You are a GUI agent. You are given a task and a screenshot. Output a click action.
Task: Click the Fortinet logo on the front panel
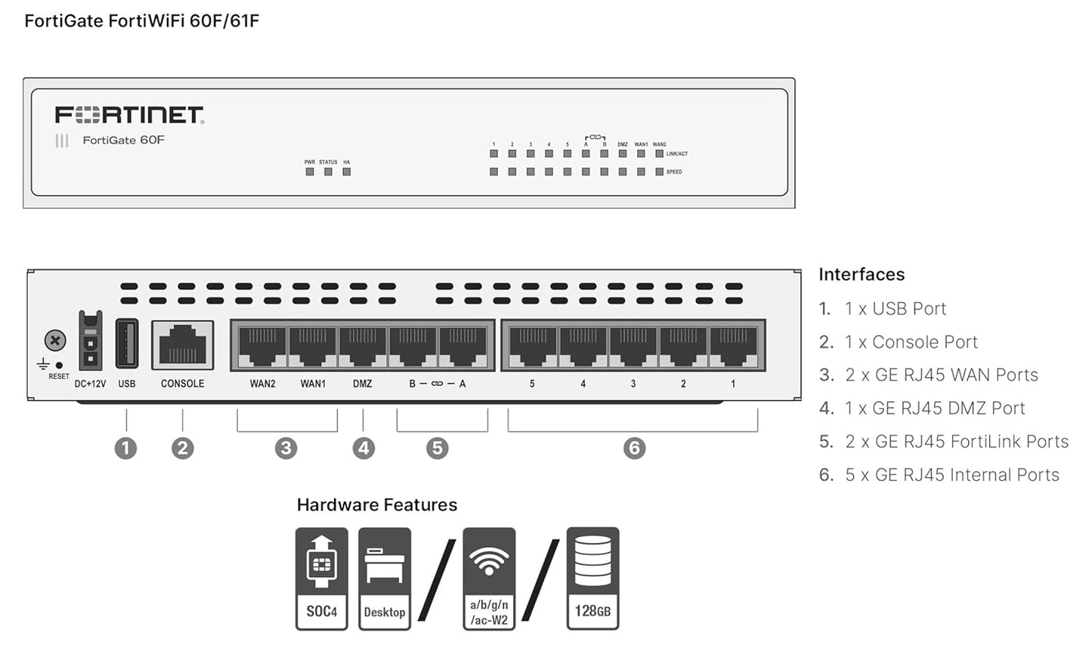pos(129,115)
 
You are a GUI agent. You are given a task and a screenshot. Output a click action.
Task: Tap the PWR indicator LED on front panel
pos(310,172)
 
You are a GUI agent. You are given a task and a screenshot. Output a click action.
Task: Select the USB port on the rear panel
pos(127,344)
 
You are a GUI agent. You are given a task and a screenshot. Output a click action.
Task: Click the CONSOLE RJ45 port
pos(183,345)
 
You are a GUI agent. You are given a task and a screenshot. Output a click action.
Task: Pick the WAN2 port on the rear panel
pos(262,346)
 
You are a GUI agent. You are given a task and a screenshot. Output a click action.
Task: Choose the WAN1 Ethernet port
pos(313,346)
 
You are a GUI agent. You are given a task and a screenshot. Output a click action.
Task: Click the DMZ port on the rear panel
pos(363,346)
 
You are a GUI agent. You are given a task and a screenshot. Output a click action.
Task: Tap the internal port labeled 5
pos(532,346)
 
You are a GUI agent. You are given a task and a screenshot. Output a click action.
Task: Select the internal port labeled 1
pos(733,346)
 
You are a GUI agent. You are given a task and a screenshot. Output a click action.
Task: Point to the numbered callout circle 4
pos(363,448)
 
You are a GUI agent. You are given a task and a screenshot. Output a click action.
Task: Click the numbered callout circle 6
pos(634,448)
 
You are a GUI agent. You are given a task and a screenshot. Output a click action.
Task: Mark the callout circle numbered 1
pos(125,448)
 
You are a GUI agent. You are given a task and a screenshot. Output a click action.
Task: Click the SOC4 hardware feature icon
pos(322,578)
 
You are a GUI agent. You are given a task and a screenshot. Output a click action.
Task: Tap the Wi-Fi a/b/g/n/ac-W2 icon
pos(489,578)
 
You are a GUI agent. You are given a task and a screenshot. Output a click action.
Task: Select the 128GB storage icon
pos(592,578)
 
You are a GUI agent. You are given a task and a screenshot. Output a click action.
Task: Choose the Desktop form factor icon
pos(385,578)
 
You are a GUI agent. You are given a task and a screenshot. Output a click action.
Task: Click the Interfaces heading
pos(862,274)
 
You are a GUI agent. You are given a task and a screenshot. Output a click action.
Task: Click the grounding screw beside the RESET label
pos(55,340)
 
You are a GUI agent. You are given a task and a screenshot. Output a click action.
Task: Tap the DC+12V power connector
pos(90,343)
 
